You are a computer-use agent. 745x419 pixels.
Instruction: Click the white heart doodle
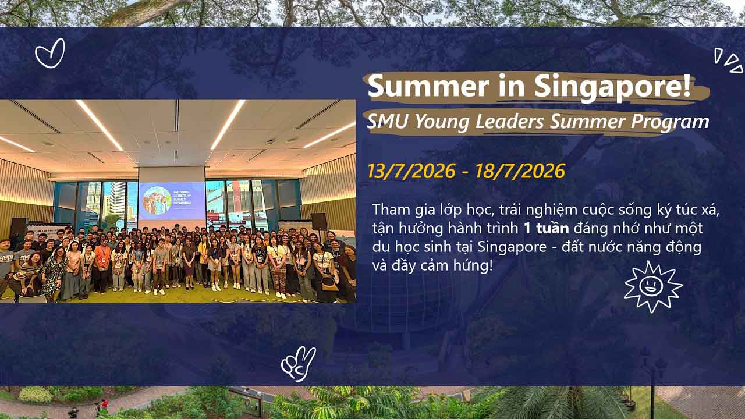click(x=50, y=53)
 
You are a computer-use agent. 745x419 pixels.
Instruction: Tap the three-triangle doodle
click(x=728, y=61)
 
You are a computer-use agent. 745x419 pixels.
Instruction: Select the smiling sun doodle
click(x=653, y=286)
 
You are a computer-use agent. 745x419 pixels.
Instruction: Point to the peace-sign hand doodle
click(x=299, y=364)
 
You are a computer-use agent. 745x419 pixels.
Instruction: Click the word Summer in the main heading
click(x=428, y=87)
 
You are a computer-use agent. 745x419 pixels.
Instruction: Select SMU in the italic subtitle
click(x=387, y=121)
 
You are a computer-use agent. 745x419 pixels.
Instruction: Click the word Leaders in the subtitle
click(x=509, y=121)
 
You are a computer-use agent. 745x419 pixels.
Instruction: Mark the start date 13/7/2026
click(x=411, y=171)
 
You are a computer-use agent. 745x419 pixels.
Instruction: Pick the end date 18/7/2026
click(x=520, y=171)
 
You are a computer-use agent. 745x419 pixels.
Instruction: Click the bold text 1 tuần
click(x=546, y=228)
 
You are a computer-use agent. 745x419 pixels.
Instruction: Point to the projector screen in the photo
click(x=172, y=201)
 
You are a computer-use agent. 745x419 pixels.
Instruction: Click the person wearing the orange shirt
click(x=102, y=265)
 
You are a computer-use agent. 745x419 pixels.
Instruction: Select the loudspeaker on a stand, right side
click(x=319, y=222)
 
